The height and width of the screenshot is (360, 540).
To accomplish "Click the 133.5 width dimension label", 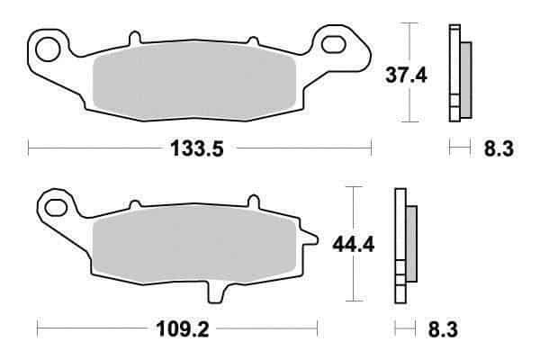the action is [x=197, y=148].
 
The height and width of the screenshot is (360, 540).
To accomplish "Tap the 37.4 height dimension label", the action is [x=406, y=75].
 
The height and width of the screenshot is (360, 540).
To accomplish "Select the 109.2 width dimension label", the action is [x=183, y=329].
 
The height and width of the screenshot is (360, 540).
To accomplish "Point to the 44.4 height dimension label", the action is [x=354, y=245].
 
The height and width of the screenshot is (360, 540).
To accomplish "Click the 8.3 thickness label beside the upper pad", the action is [x=499, y=148].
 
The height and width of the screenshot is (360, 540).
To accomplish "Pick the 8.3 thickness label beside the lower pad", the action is [x=443, y=329].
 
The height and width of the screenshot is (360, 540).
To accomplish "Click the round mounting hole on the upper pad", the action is [x=48, y=50].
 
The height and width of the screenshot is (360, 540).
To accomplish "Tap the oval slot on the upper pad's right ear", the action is [x=333, y=44].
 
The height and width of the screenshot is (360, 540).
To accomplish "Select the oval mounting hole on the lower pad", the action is [x=56, y=208].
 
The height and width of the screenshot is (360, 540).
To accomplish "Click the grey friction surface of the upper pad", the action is [x=194, y=80].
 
